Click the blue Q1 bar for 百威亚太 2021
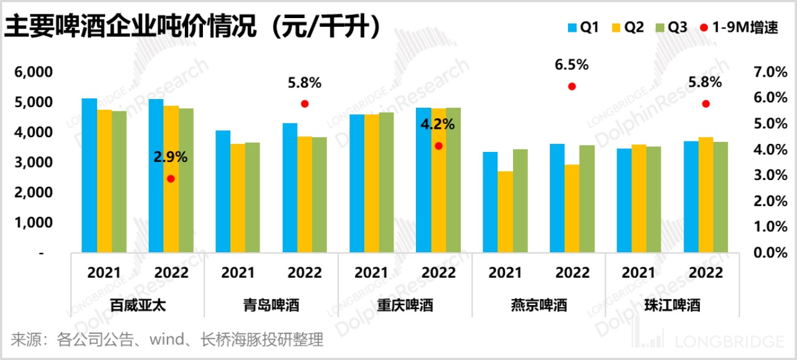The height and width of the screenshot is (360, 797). pyautogui.click(x=90, y=176)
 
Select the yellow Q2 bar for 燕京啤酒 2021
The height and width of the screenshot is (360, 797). pyautogui.click(x=505, y=212)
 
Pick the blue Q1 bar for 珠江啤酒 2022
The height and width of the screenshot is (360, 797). pyautogui.click(x=691, y=197)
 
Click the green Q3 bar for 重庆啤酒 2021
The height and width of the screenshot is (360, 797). pyautogui.click(x=386, y=182)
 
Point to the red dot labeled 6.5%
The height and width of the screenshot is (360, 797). pyautogui.click(x=572, y=87)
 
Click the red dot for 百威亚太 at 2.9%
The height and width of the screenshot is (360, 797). pyautogui.click(x=171, y=179)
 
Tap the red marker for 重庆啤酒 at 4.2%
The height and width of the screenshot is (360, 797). pyautogui.click(x=438, y=146)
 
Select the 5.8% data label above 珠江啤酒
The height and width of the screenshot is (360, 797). pyautogui.click(x=705, y=82)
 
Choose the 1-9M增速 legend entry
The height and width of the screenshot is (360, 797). pyautogui.click(x=740, y=27)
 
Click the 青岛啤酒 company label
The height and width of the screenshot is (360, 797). pyautogui.click(x=271, y=306)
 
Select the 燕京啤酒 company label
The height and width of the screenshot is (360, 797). pyautogui.click(x=539, y=306)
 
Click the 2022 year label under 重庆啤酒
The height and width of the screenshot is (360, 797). pyautogui.click(x=438, y=273)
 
